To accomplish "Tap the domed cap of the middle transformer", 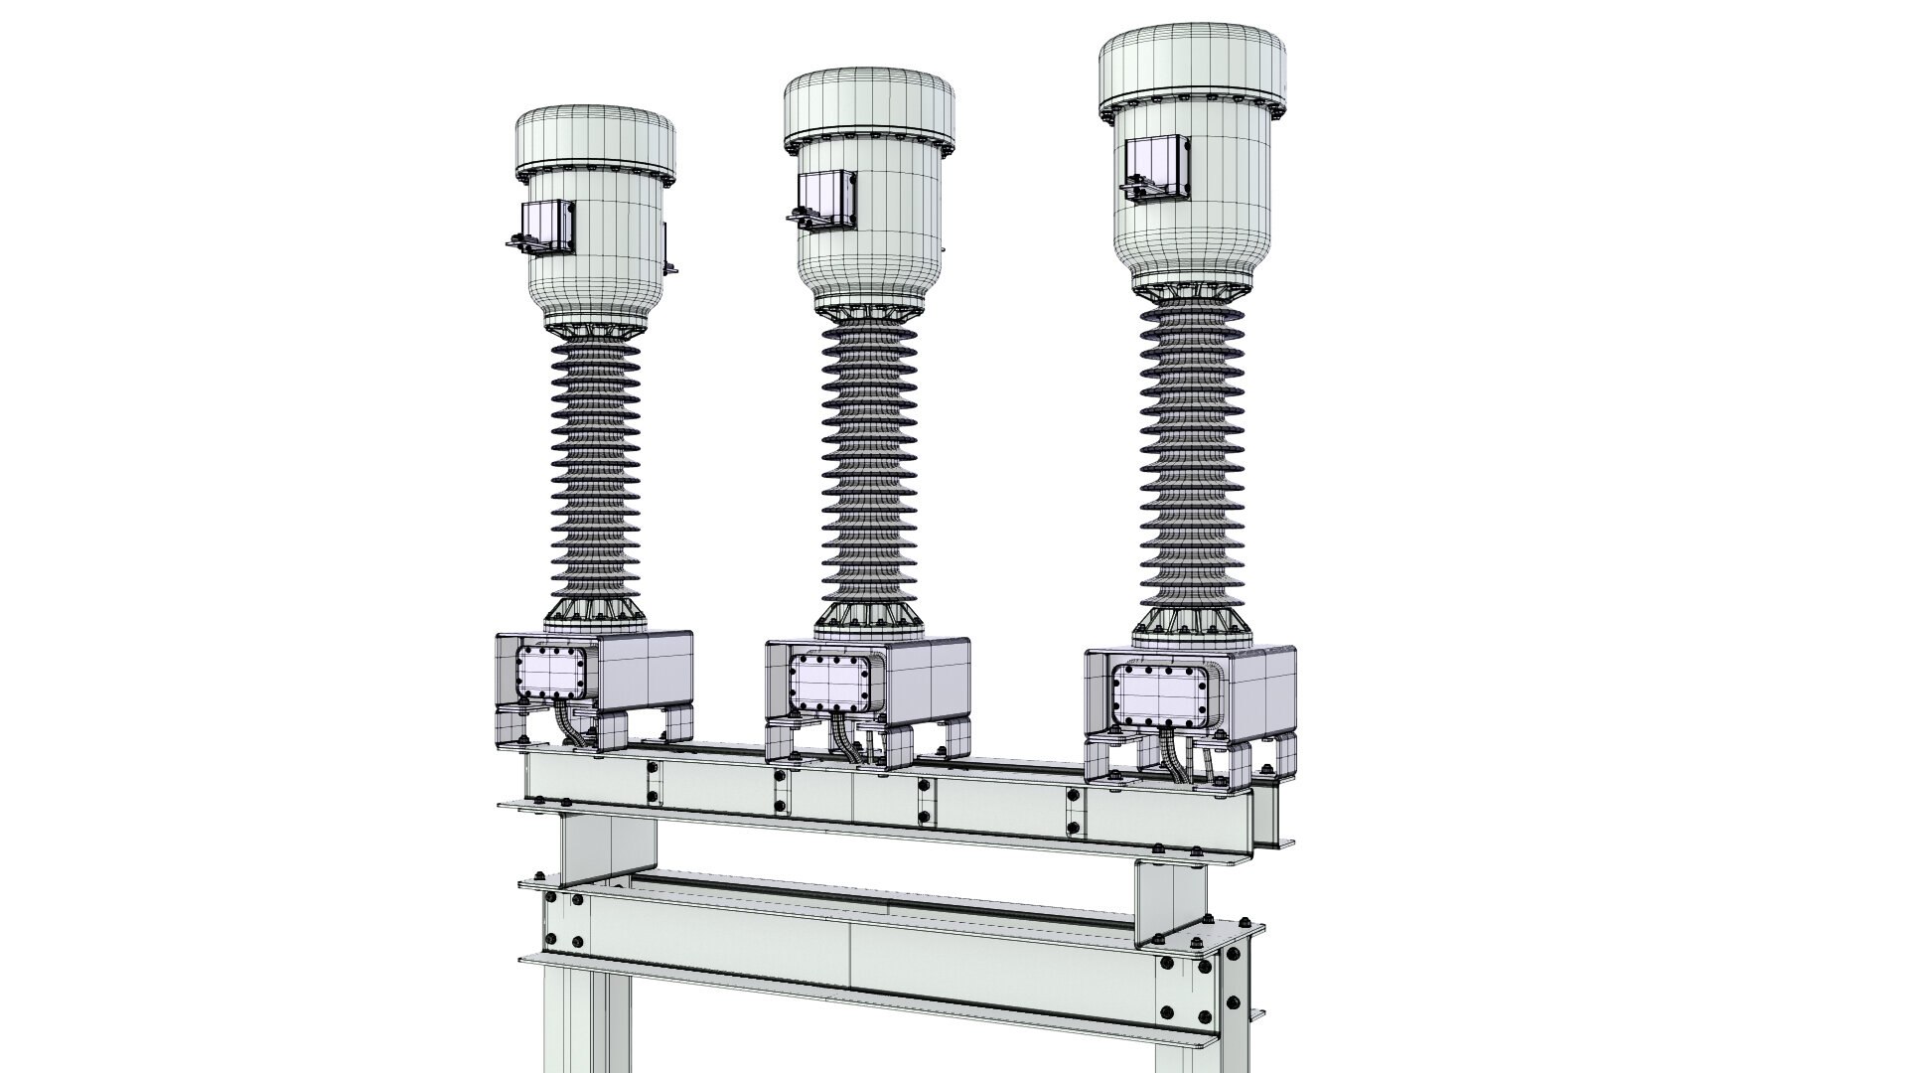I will point(869,104).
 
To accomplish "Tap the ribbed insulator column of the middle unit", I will point(870,467).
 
